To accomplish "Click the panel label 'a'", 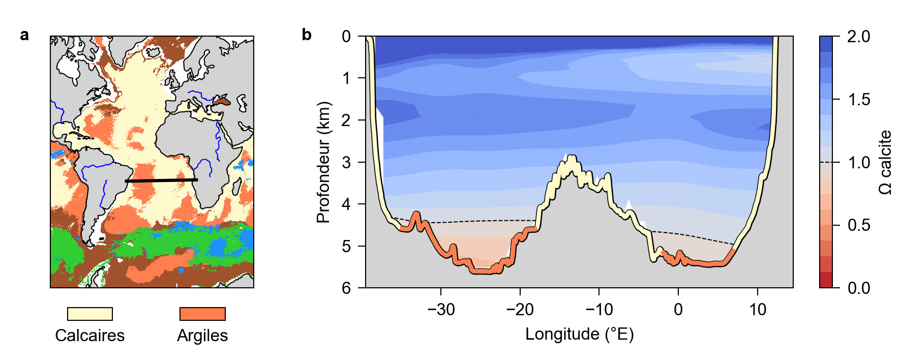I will pyautogui.click(x=24, y=35).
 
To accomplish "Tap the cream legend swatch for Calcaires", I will pyautogui.click(x=90, y=314).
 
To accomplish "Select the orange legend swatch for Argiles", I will pyautogui.click(x=202, y=314).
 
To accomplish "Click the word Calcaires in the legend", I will pyautogui.click(x=90, y=336).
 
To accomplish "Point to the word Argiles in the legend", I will pyautogui.click(x=202, y=336).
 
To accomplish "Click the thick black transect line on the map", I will pyautogui.click(x=161, y=181).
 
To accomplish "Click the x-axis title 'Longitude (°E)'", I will pyautogui.click(x=579, y=334).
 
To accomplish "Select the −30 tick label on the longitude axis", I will pyautogui.click(x=440, y=309).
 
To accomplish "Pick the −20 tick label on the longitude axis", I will pyautogui.click(x=520, y=309).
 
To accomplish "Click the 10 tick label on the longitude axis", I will pyautogui.click(x=758, y=309).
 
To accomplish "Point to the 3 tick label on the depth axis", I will pyautogui.click(x=346, y=162).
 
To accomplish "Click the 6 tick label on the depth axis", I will pyautogui.click(x=346, y=288).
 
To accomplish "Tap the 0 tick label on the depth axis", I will pyautogui.click(x=346, y=37).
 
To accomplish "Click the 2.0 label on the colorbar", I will pyautogui.click(x=859, y=37).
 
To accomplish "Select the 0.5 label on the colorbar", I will pyautogui.click(x=859, y=225).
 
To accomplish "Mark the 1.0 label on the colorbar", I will pyautogui.click(x=859, y=163).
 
